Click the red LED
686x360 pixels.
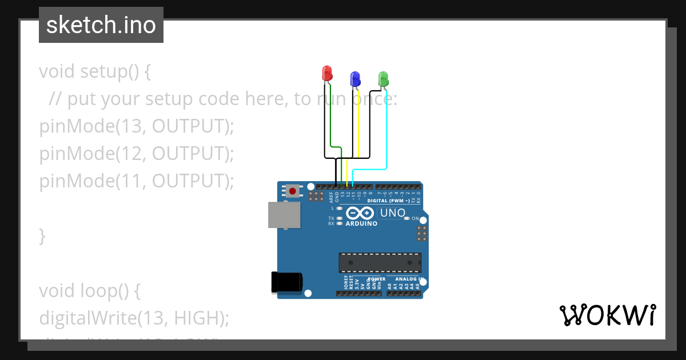(x=327, y=73)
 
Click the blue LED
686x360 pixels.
(x=355, y=78)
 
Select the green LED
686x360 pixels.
(x=383, y=78)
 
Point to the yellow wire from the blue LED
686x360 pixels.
(x=358, y=126)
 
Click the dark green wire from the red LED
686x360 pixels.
(x=331, y=114)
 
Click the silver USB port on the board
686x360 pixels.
(x=284, y=215)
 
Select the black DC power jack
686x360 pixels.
(x=286, y=282)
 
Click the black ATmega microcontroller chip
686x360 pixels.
(x=380, y=262)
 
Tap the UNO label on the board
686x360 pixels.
(x=392, y=213)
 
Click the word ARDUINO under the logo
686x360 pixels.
(x=361, y=224)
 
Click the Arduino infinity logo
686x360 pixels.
(x=360, y=214)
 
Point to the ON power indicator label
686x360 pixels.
(x=423, y=219)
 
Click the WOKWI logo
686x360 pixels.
(x=607, y=315)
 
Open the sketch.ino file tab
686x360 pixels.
(x=101, y=25)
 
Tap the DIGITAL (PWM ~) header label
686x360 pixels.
(x=388, y=201)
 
